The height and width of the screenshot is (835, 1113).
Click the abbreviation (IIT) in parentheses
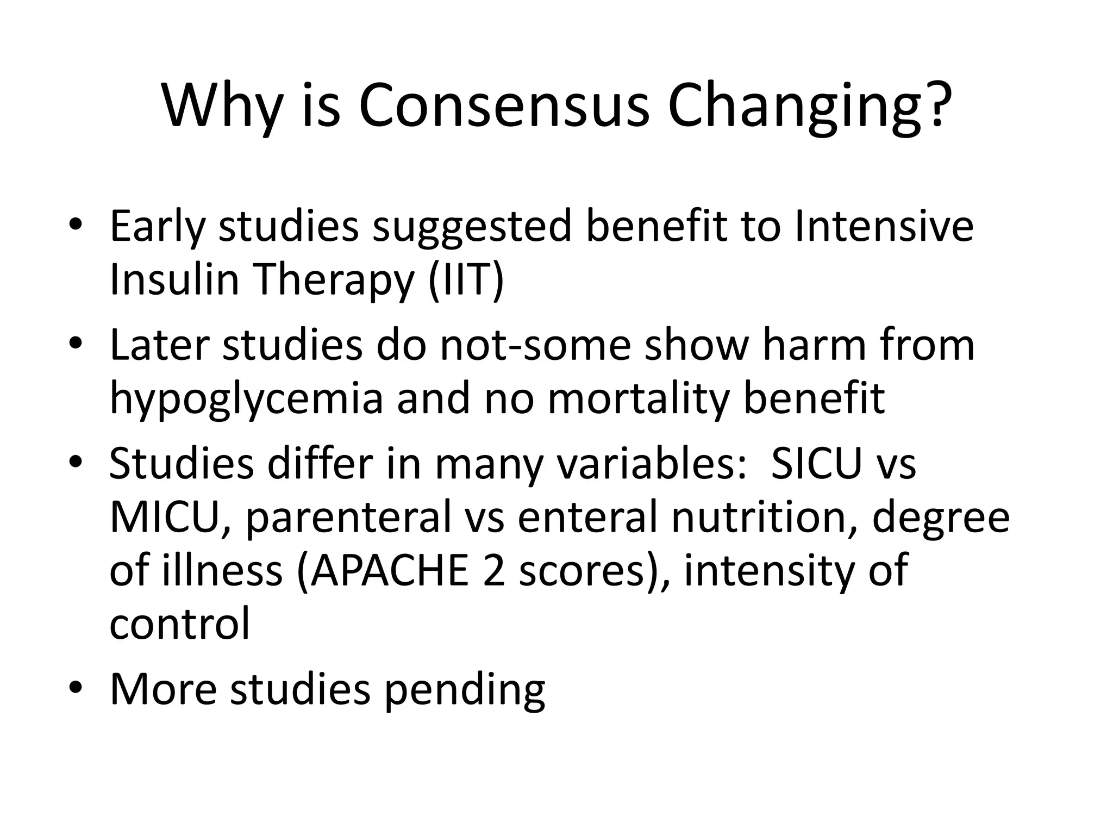pos(466,279)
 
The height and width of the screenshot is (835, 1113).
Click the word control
pos(180,624)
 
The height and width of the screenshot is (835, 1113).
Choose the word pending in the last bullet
pos(465,689)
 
